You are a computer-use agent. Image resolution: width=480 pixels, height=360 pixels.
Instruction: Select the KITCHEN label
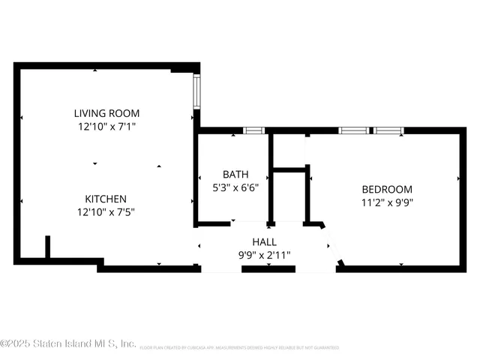pyautogui.click(x=105, y=199)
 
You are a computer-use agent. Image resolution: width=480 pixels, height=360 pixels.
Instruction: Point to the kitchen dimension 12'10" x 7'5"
pyautogui.click(x=105, y=211)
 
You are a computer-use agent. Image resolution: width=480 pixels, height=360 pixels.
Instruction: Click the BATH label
pyautogui.click(x=235, y=175)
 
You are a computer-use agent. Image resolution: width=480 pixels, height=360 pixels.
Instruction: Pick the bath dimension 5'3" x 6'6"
pyautogui.click(x=235, y=187)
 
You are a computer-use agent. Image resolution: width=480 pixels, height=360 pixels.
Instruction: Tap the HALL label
pyautogui.click(x=264, y=242)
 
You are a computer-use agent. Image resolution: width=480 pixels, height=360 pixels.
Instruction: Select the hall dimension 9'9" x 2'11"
pyautogui.click(x=264, y=255)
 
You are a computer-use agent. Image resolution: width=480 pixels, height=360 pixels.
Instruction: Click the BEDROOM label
pyautogui.click(x=386, y=189)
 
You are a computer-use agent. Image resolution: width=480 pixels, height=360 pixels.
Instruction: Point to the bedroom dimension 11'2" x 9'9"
pyautogui.click(x=386, y=202)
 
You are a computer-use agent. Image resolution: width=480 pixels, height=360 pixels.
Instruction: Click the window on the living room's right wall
pyautogui.click(x=196, y=91)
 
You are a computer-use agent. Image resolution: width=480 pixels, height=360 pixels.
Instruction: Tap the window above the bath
pyautogui.click(x=254, y=130)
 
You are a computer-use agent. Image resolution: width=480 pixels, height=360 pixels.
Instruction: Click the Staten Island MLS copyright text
pyautogui.click(x=67, y=344)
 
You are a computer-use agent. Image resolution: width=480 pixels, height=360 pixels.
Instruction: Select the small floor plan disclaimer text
pyautogui.click(x=239, y=347)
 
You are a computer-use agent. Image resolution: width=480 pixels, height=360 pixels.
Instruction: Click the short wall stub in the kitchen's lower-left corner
pyautogui.click(x=47, y=247)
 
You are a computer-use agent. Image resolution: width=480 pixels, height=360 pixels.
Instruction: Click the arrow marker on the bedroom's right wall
pyautogui.click(x=459, y=178)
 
